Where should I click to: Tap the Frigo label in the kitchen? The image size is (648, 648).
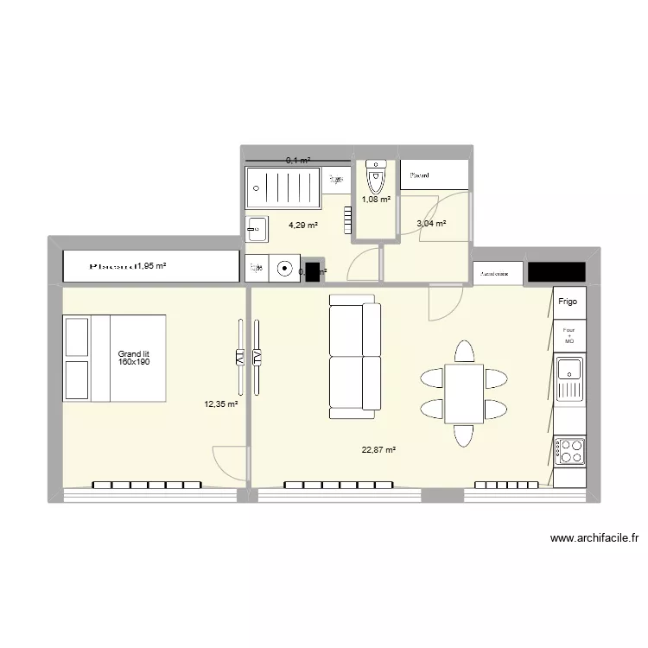pyautogui.click(x=568, y=302)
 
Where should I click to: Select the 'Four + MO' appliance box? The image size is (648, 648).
pyautogui.click(x=569, y=336)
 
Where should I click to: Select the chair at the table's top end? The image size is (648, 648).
pyautogui.click(x=464, y=352)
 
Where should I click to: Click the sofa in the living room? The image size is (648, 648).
pyautogui.click(x=355, y=355)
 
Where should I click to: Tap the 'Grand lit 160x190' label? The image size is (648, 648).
pyautogui.click(x=135, y=358)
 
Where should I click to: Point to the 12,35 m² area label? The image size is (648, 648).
pyautogui.click(x=220, y=403)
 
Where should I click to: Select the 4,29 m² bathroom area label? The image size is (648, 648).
pyautogui.click(x=302, y=226)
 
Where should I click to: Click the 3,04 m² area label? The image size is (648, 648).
pyautogui.click(x=431, y=224)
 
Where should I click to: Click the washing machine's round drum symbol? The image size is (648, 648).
pyautogui.click(x=284, y=269)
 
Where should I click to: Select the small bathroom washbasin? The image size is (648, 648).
pyautogui.click(x=257, y=229)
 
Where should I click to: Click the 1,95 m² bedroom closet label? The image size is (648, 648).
pyautogui.click(x=149, y=266)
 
